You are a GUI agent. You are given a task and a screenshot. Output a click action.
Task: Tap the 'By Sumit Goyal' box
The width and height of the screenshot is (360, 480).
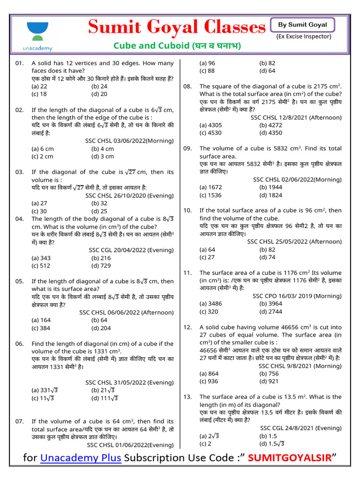click(x=303, y=25)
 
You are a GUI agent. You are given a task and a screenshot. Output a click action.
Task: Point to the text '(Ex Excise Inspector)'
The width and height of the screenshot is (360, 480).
click(x=304, y=37)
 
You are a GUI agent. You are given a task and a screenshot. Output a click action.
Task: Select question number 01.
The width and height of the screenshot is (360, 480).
click(x=19, y=63)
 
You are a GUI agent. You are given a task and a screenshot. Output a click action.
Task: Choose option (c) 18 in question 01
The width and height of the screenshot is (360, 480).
click(x=39, y=94)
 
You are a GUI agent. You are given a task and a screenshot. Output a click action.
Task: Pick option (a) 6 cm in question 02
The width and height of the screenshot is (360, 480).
click(x=43, y=149)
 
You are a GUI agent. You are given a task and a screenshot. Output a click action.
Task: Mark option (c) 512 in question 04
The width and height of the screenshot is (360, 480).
click(x=41, y=265)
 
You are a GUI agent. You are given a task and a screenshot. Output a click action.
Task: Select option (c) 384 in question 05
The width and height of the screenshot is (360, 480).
click(x=41, y=328)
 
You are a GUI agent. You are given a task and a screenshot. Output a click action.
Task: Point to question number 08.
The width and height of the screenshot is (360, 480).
click(x=187, y=86)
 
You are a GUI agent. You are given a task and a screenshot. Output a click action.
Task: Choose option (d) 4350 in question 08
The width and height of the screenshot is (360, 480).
click(x=270, y=133)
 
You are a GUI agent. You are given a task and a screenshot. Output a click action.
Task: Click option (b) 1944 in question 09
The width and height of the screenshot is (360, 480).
click(x=270, y=187)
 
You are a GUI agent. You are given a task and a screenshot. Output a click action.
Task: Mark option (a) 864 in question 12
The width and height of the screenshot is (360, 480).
click(x=209, y=374)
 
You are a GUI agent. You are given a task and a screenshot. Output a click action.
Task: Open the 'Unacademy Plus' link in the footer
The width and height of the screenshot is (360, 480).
click(x=81, y=458)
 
